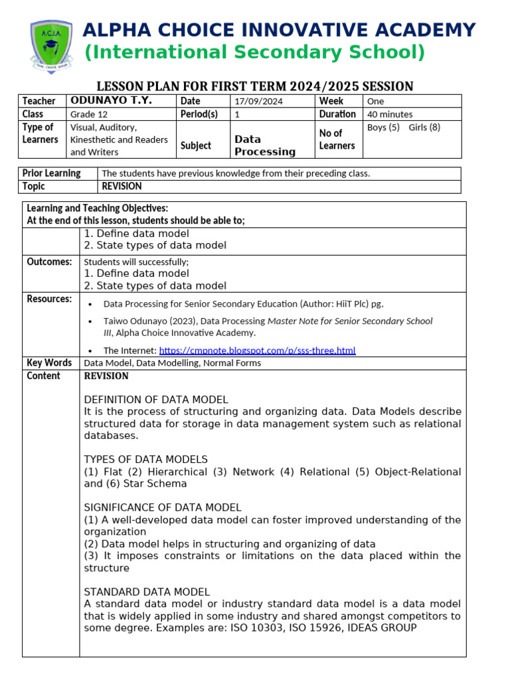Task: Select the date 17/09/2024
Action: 259,101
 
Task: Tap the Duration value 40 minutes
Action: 390,114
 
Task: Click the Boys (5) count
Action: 383,127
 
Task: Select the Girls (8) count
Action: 424,127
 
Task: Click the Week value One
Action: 375,101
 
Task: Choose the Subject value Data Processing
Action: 265,145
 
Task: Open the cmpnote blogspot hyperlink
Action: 257,350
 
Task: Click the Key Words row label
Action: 49,363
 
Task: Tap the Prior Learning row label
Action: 52,173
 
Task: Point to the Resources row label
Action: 49,299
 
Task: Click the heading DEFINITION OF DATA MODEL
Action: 156,399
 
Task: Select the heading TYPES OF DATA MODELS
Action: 146,460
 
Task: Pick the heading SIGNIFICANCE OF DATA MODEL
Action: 163,507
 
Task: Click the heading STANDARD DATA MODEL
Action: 147,592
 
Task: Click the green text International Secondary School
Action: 254,52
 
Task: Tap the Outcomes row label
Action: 49,262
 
